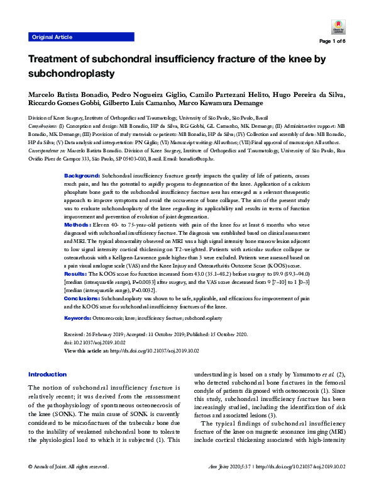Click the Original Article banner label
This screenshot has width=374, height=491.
pyautogui.click(x=52, y=37)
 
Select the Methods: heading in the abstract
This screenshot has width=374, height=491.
pyautogui.click(x=78, y=223)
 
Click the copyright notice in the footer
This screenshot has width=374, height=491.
pyautogui.click(x=69, y=484)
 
